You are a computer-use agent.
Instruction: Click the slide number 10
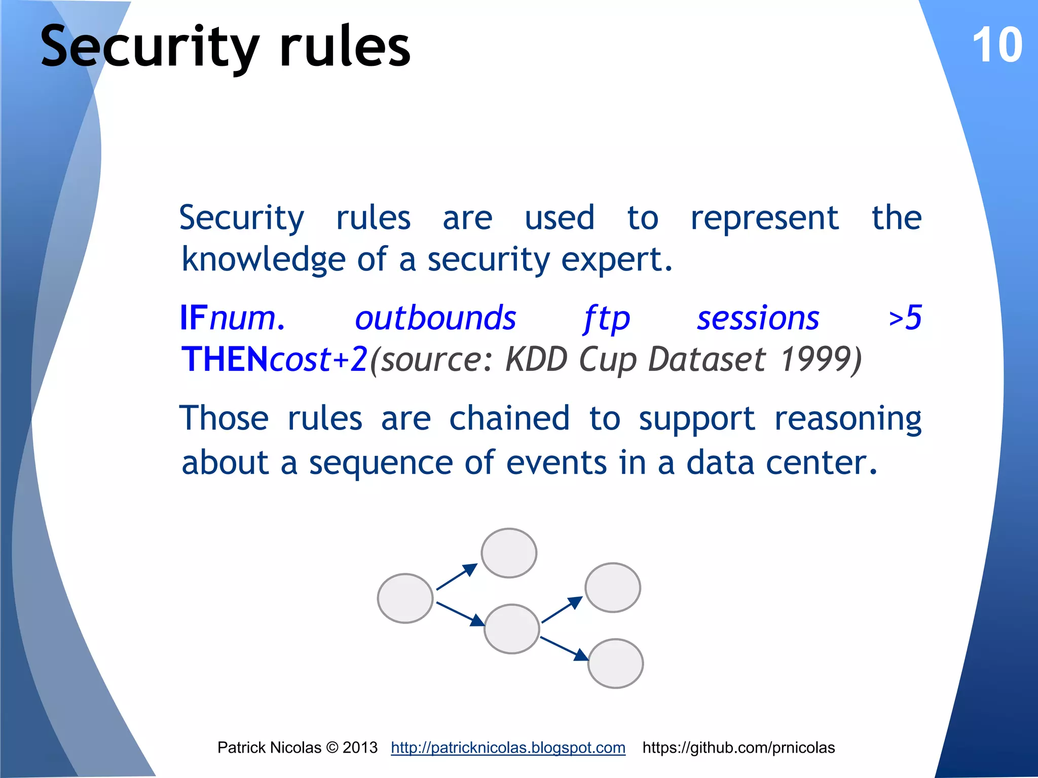(997, 46)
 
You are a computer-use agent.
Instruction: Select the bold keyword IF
(194, 318)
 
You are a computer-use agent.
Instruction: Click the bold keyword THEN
(225, 359)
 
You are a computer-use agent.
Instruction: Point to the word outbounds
(435, 318)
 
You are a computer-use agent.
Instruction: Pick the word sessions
(758, 318)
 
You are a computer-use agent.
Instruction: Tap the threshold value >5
(905, 318)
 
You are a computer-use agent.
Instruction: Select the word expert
(616, 260)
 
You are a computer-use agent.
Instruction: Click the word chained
(509, 418)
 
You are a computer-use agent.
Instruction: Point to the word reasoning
(848, 419)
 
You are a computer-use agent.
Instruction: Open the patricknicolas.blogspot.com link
(508, 748)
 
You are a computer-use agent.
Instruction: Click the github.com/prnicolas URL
(738, 748)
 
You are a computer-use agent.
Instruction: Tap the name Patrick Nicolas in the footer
(269, 748)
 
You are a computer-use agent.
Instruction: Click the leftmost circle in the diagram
(405, 598)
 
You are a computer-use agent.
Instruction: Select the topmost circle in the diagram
(509, 553)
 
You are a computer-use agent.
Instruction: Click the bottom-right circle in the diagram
(615, 664)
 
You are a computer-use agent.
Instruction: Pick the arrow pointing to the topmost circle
(457, 577)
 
